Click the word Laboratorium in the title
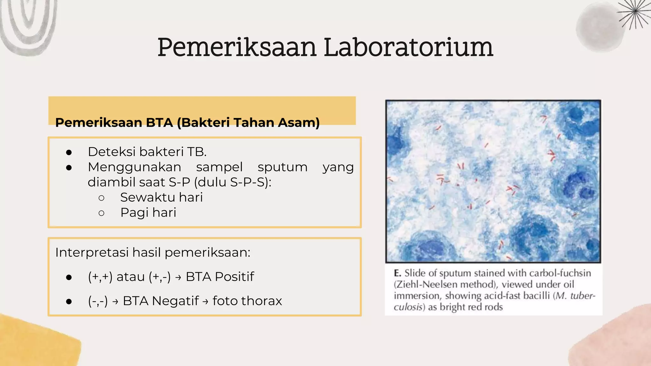pos(408,48)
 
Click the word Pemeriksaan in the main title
pos(237,48)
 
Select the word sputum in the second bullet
pos(282,167)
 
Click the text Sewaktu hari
pos(161,198)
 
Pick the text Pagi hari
pos(148,213)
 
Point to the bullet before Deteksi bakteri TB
pos(69,152)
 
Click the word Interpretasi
pos(92,253)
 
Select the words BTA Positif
pos(220,277)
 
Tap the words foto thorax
pos(247,301)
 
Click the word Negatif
pos(175,301)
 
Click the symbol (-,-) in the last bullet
pos(98,301)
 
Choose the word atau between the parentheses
pos(130,277)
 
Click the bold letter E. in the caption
pos(397,273)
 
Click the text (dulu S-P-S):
pos(232,182)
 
